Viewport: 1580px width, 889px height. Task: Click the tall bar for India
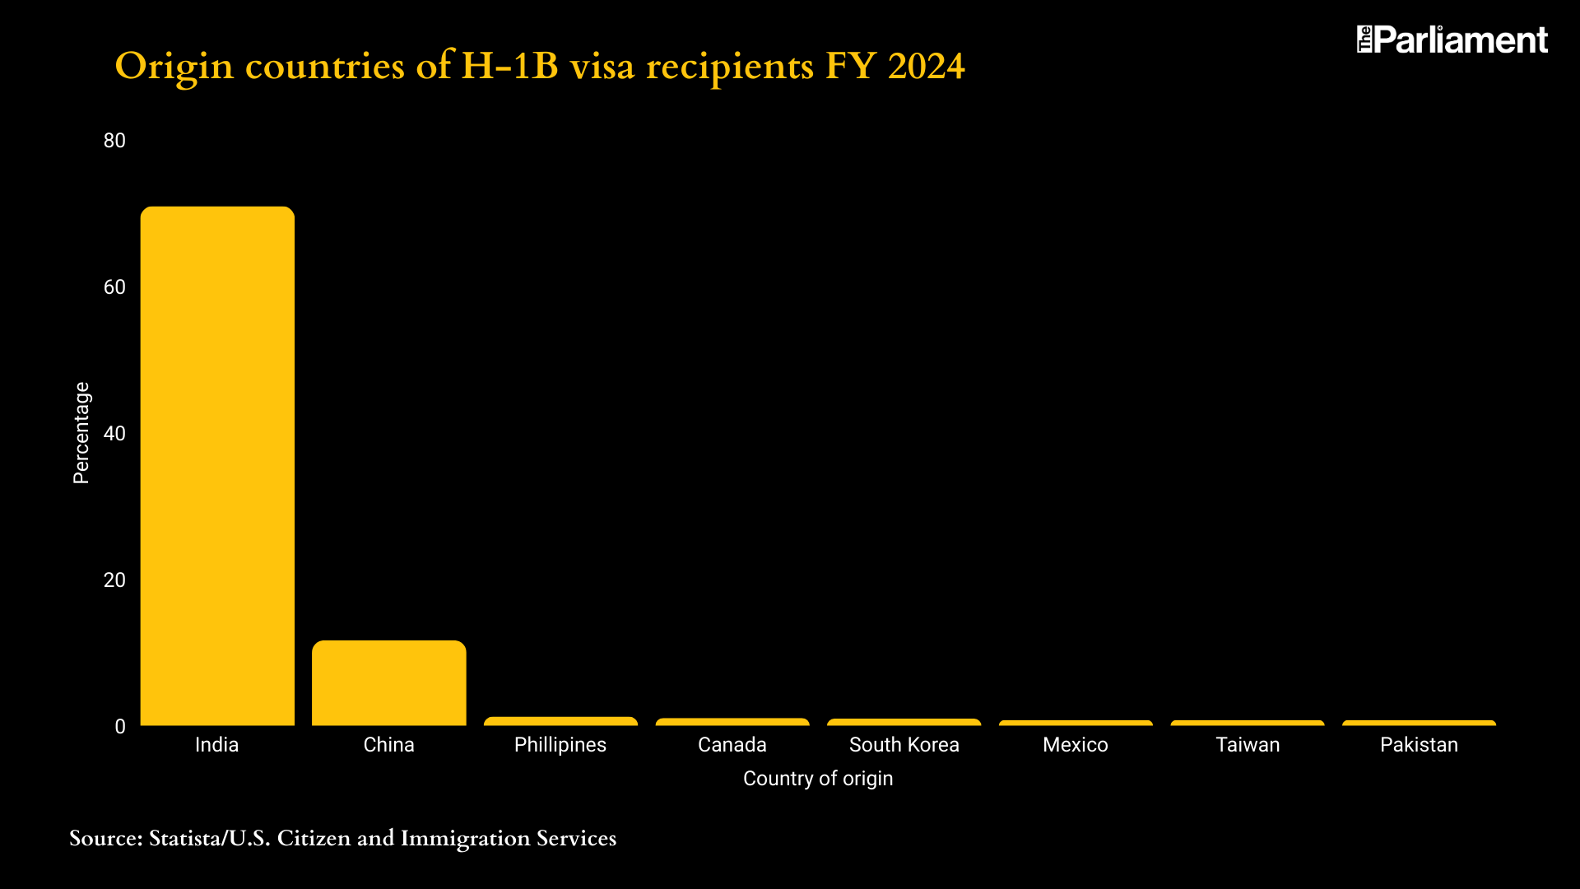point(217,466)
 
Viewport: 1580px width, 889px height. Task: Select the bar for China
point(388,683)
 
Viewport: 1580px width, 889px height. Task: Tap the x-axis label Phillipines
point(560,745)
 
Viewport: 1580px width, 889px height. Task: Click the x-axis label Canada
point(732,745)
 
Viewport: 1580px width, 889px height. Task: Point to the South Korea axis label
point(904,745)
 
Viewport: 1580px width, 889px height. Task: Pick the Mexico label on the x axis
point(1075,745)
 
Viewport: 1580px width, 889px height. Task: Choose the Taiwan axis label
point(1248,745)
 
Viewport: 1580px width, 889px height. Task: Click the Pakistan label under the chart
point(1419,745)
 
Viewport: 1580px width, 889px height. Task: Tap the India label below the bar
point(216,745)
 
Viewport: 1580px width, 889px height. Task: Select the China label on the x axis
point(388,745)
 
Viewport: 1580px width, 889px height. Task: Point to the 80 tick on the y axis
point(114,141)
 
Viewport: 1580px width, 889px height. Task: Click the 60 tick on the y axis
point(114,287)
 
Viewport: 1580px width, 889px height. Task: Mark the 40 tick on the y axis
point(114,434)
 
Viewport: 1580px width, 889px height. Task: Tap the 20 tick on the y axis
point(114,580)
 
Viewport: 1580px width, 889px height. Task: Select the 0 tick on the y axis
point(120,727)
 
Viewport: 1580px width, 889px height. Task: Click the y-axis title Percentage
point(81,433)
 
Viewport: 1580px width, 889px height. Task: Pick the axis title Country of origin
point(817,779)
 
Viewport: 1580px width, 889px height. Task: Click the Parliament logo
point(1452,40)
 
